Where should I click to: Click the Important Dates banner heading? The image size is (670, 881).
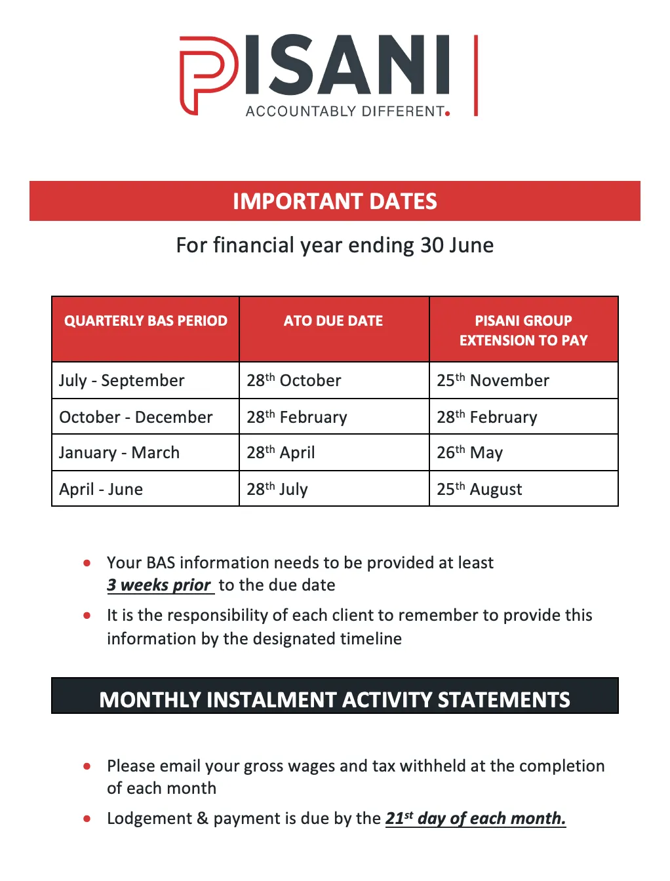tap(334, 201)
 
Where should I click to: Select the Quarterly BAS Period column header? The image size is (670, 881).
tap(146, 321)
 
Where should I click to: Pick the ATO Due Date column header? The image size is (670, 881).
tap(333, 321)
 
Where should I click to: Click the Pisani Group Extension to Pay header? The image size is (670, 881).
tap(523, 330)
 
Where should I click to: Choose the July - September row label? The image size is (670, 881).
tap(122, 381)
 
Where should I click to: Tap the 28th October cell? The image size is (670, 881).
tap(294, 381)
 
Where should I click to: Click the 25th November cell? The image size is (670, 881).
tap(493, 381)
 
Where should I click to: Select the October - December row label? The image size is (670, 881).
tap(136, 418)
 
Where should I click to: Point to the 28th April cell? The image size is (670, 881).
tap(281, 453)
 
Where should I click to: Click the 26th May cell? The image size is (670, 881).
tap(469, 453)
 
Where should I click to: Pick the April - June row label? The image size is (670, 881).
tap(101, 490)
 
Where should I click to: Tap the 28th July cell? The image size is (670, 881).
tap(277, 490)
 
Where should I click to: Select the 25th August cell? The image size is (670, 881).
tap(479, 490)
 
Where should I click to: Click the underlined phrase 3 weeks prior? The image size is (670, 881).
tap(159, 585)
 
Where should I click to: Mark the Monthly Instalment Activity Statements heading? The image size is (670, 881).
tap(334, 699)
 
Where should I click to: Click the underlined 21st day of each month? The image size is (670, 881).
tap(475, 819)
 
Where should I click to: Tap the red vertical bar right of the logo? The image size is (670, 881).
tap(476, 75)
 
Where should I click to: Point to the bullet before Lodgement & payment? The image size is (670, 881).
tap(87, 819)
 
